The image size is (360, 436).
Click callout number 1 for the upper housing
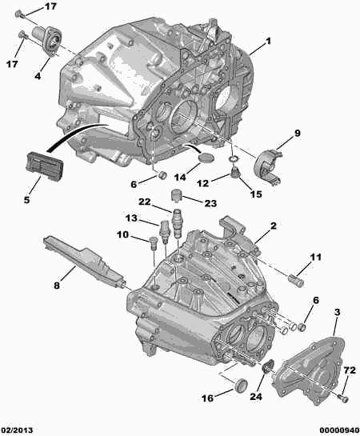pyautogui.click(x=268, y=42)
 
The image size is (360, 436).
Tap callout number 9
pyautogui.click(x=297, y=133)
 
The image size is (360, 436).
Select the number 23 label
pyautogui.click(x=210, y=203)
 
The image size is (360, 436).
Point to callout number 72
pyautogui.click(x=349, y=370)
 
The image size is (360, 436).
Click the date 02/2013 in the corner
pyautogui.click(x=17, y=430)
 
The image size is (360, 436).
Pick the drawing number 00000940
pyautogui.click(x=339, y=430)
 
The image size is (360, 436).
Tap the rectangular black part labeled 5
pyautogui.click(x=45, y=165)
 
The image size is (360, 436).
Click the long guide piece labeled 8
pyautogui.click(x=83, y=262)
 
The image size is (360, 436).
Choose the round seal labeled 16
pyautogui.click(x=240, y=385)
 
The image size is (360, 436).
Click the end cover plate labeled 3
pyautogui.click(x=309, y=370)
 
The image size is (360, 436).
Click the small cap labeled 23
pyautogui.click(x=176, y=194)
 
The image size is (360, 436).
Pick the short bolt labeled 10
pyautogui.click(x=153, y=242)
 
